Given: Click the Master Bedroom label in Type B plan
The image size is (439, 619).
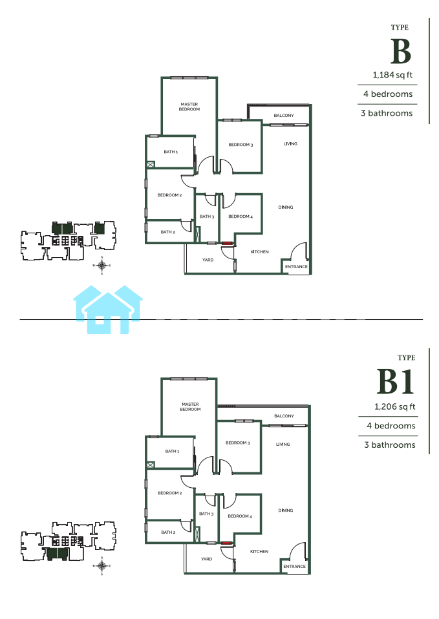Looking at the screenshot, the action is pyautogui.click(x=189, y=107).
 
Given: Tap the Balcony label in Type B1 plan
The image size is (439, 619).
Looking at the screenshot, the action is pyautogui.click(x=284, y=416).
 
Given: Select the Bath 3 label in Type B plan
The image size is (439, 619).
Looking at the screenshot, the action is pyautogui.click(x=207, y=216).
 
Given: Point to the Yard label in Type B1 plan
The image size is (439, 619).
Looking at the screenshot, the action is pyautogui.click(x=207, y=559).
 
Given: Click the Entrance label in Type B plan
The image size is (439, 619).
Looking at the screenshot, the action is pyautogui.click(x=296, y=266).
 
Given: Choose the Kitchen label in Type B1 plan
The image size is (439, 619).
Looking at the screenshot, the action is pyautogui.click(x=259, y=552).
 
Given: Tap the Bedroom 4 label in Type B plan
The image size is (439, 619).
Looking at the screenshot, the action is pyautogui.click(x=241, y=216).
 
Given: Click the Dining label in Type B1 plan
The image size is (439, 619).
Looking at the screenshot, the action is pyautogui.click(x=286, y=510).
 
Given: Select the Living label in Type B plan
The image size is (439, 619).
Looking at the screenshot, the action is pyautogui.click(x=290, y=143).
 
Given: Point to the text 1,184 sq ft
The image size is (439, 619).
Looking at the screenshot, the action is pyautogui.click(x=392, y=75).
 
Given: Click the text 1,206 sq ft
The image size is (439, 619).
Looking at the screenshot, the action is pyautogui.click(x=395, y=406).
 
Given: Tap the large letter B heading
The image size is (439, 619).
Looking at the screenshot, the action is pyautogui.click(x=401, y=51).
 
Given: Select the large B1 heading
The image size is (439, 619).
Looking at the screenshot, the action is pyautogui.click(x=395, y=382).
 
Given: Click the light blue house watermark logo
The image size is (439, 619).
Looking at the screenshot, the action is pyautogui.click(x=108, y=309).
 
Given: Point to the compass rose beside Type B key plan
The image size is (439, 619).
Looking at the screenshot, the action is pyautogui.click(x=102, y=266).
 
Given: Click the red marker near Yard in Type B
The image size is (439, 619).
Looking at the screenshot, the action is pyautogui.click(x=226, y=244).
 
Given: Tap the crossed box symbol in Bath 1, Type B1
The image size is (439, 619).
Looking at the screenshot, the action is pyautogui.click(x=150, y=465).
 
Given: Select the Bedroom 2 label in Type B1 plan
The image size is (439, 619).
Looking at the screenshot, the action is pyautogui.click(x=169, y=493).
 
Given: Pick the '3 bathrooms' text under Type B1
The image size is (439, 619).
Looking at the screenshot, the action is pyautogui.click(x=390, y=445).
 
